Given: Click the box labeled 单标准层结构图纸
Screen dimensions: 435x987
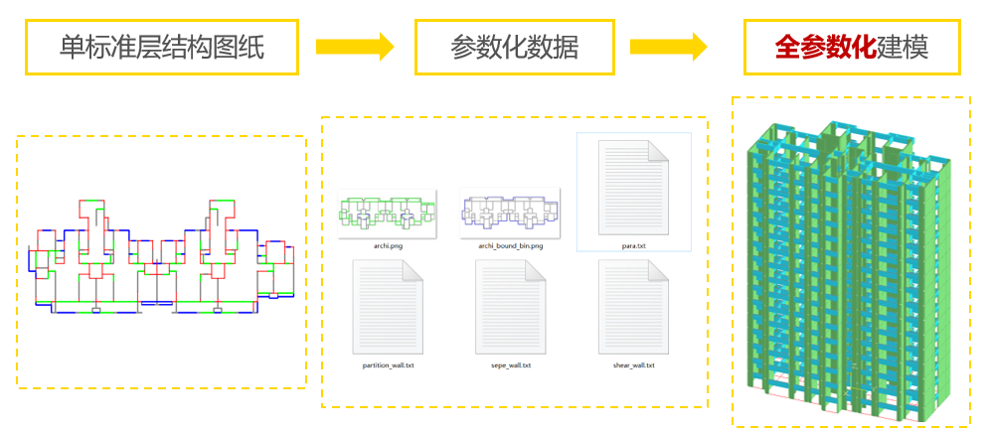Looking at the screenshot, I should click(162, 47).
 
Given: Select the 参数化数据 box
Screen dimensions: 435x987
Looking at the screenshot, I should click(514, 47).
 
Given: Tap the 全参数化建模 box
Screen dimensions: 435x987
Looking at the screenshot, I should click(852, 47).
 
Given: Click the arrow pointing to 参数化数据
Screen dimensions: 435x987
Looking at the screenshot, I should click(355, 46).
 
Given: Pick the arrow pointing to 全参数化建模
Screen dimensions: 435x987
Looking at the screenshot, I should click(668, 46).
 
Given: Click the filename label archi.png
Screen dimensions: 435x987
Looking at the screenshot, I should click(388, 245).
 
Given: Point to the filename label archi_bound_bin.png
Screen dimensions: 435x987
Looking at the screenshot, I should click(511, 245).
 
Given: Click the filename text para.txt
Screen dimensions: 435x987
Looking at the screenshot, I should click(634, 245).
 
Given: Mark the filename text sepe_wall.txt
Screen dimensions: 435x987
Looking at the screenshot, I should click(511, 364).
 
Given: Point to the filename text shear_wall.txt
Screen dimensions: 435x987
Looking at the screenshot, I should click(634, 364).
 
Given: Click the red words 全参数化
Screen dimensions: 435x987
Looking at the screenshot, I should click(824, 47).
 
